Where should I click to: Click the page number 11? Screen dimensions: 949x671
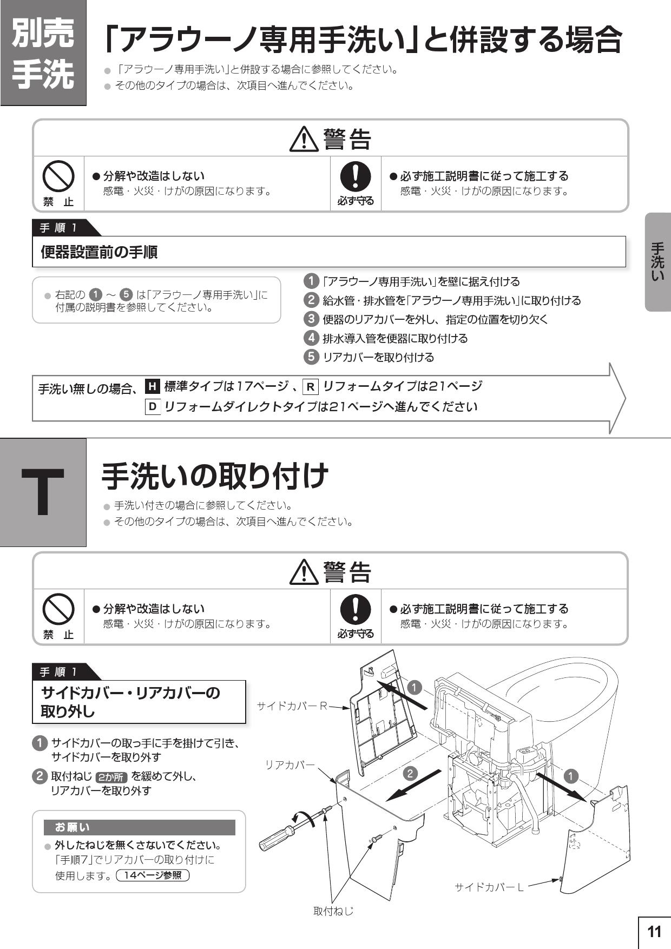[654, 932]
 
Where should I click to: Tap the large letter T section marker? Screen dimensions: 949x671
[43, 492]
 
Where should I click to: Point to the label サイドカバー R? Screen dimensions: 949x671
[292, 706]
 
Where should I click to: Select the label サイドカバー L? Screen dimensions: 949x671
[489, 887]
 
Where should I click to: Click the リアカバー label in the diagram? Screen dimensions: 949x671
[290, 765]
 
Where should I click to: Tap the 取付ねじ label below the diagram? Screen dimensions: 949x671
[333, 911]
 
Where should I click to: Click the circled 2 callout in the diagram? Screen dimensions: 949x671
[410, 773]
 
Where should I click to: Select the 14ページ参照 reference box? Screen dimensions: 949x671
[153, 875]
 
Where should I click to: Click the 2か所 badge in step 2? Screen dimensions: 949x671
[111, 777]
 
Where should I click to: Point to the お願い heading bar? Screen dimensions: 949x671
[139, 827]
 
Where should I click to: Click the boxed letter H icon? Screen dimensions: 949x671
[153, 386]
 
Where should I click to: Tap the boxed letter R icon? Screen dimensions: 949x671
[310, 387]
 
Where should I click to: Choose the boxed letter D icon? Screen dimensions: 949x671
[153, 406]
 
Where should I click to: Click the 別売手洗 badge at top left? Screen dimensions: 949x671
[43, 52]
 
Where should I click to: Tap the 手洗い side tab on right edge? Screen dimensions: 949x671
[657, 262]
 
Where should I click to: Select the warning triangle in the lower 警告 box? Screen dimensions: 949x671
[304, 572]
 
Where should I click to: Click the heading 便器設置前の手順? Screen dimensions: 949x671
[100, 252]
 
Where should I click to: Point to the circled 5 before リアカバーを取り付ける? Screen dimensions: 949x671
[311, 357]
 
